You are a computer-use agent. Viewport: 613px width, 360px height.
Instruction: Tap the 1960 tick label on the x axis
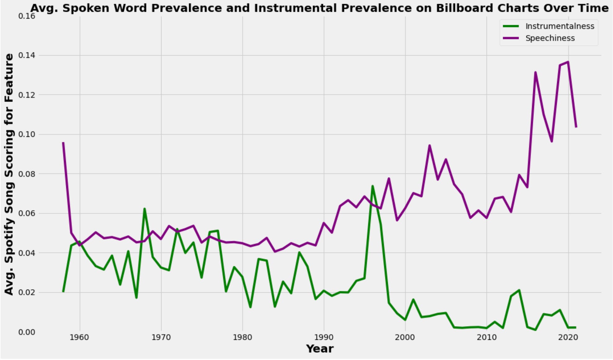coord(79,337)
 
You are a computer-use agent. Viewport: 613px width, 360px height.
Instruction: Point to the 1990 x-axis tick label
coord(324,337)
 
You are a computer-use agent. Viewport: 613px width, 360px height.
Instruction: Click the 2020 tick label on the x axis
coord(568,337)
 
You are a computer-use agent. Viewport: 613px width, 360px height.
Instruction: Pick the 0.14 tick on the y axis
coord(27,55)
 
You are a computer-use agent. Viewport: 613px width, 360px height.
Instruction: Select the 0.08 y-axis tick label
coord(27,174)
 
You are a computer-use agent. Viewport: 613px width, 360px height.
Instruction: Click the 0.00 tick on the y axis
coord(27,332)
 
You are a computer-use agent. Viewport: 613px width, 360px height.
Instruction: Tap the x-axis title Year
coord(320,349)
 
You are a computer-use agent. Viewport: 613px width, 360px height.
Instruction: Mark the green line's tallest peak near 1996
coord(372,186)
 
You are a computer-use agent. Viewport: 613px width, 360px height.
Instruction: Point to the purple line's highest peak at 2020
coord(568,62)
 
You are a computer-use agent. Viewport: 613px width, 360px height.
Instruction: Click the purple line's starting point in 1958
coord(63,142)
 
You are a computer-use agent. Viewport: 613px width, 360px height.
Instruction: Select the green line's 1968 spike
coord(144,209)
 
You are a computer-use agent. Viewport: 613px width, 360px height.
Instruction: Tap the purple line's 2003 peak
coord(429,145)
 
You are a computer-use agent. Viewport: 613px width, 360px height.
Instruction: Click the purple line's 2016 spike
coord(535,72)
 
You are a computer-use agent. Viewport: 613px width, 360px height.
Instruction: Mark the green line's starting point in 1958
coord(63,292)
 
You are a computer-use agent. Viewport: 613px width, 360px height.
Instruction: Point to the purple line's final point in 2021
coord(576,127)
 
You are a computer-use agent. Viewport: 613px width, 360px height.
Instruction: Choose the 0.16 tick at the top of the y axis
coord(27,16)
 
